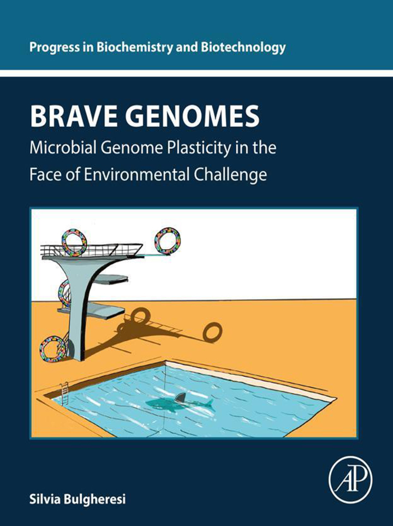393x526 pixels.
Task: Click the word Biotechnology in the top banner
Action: [243, 48]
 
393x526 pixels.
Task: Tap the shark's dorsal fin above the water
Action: [181, 397]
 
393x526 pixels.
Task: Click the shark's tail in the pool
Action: [210, 405]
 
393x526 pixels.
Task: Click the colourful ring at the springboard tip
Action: [168, 241]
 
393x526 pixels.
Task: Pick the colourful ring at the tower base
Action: [52, 349]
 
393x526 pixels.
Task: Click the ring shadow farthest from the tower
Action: [212, 332]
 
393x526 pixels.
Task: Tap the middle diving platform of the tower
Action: [110, 279]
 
